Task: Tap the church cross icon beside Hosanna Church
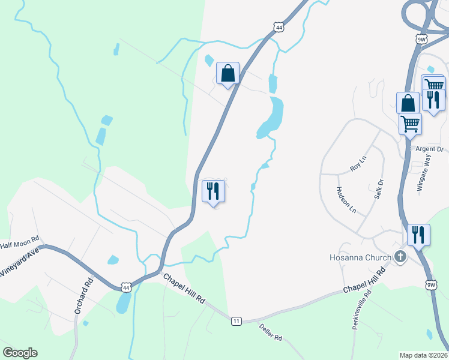[401, 257]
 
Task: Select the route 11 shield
[236, 322]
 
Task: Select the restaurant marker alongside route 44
[213, 191]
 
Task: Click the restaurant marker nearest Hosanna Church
[418, 235]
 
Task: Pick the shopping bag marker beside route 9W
[408, 103]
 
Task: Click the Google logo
[20, 353]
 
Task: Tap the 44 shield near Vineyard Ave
[125, 288]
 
